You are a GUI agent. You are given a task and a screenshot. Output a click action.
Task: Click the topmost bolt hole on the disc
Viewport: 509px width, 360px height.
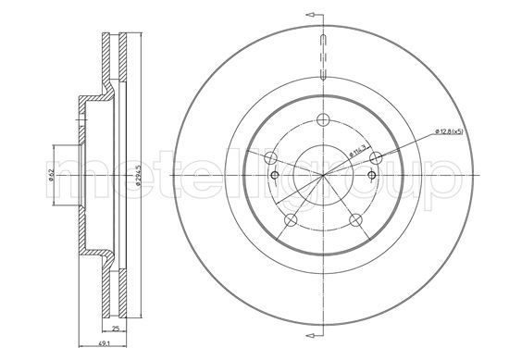tap(322, 118)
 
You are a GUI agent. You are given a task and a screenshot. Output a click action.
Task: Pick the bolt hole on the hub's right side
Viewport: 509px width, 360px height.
tap(375, 158)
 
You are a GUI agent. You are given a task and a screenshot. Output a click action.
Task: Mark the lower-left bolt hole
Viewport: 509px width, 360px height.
tap(291, 218)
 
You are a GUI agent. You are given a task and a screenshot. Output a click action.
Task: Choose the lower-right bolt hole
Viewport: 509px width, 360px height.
tap(354, 218)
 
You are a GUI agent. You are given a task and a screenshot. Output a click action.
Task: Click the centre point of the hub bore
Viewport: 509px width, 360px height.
tap(322, 176)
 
